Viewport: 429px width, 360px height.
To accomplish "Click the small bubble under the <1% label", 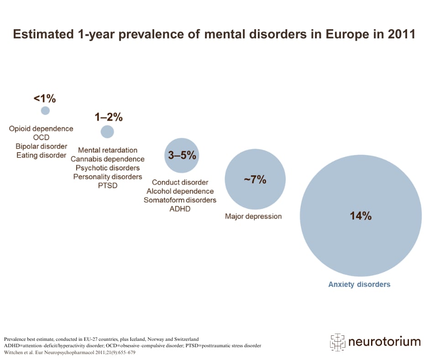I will click(x=45, y=111).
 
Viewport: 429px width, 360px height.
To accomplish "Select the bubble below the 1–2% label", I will click(x=107, y=132).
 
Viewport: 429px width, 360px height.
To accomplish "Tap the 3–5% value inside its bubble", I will click(x=182, y=155).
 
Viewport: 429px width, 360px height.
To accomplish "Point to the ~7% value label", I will click(x=255, y=180).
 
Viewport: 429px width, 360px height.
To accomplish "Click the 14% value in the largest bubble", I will click(x=361, y=216).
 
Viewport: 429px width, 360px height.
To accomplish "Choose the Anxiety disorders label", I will click(x=359, y=284).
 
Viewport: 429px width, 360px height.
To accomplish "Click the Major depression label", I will click(x=253, y=216).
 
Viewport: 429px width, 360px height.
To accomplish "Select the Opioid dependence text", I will click(x=41, y=128).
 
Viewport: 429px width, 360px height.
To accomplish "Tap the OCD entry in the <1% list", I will click(x=41, y=138).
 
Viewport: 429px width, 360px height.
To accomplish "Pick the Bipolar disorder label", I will click(x=41, y=146).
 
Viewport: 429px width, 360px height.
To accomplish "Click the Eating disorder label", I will click(x=41, y=155).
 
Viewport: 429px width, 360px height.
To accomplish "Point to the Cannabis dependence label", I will click(x=107, y=159).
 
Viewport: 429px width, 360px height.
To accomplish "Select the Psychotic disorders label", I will click(x=107, y=168).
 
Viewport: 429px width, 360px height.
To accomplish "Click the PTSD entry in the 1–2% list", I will click(x=107, y=185).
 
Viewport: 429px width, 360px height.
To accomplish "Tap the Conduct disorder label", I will click(x=180, y=182).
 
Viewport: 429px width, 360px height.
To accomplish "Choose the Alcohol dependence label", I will click(x=180, y=191).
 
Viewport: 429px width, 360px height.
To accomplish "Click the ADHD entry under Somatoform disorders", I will click(x=180, y=209).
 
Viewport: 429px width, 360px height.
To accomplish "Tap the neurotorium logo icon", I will click(x=337, y=341).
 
